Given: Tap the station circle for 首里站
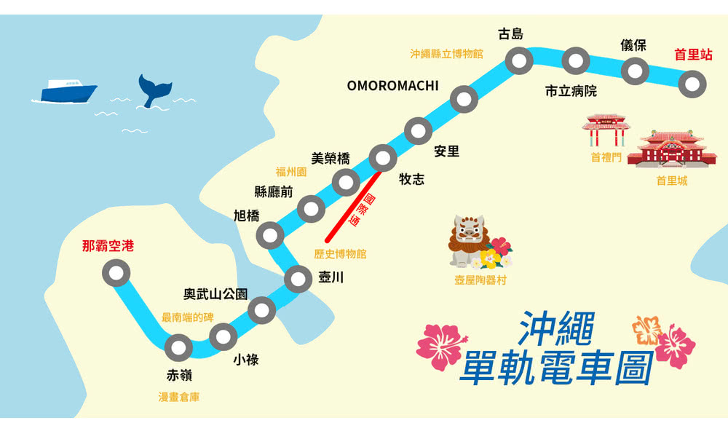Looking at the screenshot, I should click(x=692, y=84).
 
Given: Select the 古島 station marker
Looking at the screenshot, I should click(x=519, y=62).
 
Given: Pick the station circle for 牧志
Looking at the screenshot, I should click(x=382, y=156).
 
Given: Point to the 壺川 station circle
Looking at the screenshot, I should click(x=298, y=279).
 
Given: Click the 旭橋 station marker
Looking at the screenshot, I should click(x=270, y=234).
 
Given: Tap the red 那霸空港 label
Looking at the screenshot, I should click(x=108, y=246).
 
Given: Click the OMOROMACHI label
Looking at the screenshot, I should click(x=392, y=86).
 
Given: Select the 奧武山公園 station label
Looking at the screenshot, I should click(x=215, y=294).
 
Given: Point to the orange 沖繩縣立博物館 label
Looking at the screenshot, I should click(x=446, y=54).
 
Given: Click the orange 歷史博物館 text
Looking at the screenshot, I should click(x=340, y=254).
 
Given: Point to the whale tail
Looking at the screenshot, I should click(x=155, y=89).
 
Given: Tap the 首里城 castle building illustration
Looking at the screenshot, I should click(x=670, y=150).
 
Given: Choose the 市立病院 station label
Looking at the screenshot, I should click(x=571, y=92).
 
